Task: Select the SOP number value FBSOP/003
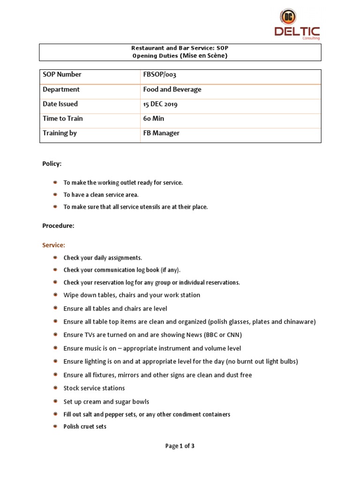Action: tap(159, 75)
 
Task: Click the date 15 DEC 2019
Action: tap(160, 104)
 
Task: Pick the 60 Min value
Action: tap(154, 119)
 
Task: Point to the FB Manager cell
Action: tap(161, 133)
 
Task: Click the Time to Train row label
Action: tap(62, 119)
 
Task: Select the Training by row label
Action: tap(60, 133)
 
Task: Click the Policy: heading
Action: tap(52, 164)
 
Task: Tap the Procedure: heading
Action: tap(58, 225)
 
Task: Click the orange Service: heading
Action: tap(54, 245)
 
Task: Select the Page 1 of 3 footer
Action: tap(180, 446)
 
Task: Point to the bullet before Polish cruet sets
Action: tap(55, 426)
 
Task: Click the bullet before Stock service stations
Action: tap(55, 388)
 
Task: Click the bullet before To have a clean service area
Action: tap(55, 194)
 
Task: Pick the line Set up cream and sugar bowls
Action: tap(106, 402)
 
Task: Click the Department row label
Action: tap(61, 89)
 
